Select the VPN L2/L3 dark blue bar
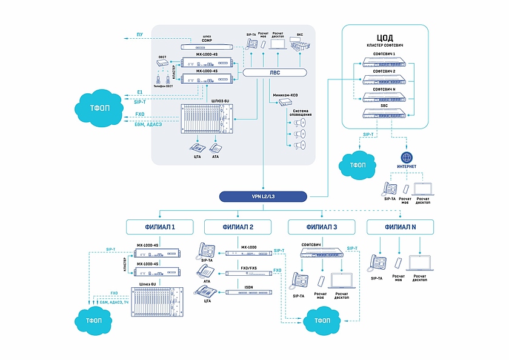pos(264,196)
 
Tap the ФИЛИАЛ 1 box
pos(159,227)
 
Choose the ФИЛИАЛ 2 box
pos(238,227)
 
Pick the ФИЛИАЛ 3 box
pos(321,227)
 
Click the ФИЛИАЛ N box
pos(400,227)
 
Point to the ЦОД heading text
pos(385,38)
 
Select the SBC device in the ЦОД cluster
pos(385,113)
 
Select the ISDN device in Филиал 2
pos(248,293)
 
